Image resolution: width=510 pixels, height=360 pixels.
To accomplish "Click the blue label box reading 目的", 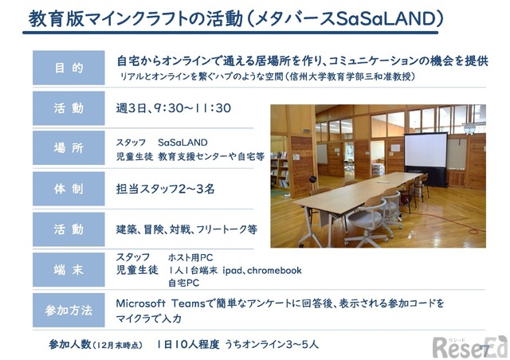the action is click(69, 68).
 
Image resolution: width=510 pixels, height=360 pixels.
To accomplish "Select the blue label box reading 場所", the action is click(69, 148).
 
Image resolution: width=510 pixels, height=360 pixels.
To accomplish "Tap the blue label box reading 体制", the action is click(69, 189).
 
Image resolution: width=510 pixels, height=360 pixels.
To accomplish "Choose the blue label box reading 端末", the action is click(69, 269).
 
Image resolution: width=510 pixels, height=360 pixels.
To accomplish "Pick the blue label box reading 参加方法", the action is click(69, 310).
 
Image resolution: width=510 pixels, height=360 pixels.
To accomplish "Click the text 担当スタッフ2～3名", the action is click(165, 189).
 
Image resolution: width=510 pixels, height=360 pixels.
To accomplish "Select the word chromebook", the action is click(274, 270).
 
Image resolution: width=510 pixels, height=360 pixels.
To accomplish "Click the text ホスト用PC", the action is click(190, 257).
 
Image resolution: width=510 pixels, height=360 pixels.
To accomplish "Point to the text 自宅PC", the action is click(184, 283).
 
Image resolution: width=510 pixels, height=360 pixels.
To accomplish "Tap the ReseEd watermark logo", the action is click(469, 347).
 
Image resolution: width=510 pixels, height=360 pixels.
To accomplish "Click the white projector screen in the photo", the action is click(426, 151).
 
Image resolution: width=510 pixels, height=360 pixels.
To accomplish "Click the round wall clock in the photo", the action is click(469, 128).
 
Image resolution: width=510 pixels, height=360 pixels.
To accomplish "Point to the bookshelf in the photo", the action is click(280, 169).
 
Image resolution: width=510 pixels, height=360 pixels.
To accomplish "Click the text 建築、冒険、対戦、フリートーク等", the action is click(186, 229).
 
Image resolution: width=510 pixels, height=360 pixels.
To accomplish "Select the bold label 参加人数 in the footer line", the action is click(69, 344).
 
